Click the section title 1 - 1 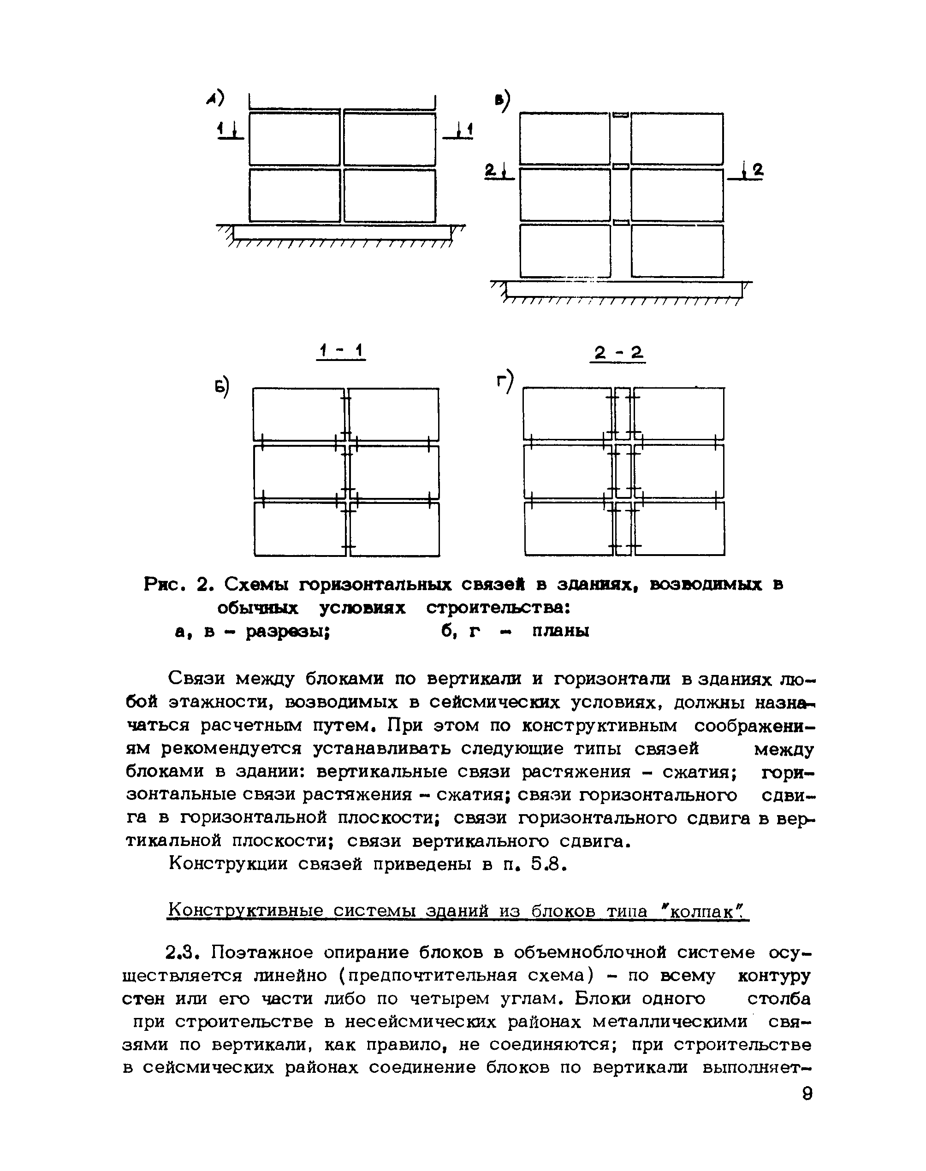[x=341, y=352]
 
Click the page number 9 [x=807, y=1094]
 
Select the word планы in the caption [x=560, y=632]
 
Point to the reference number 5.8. [x=549, y=865]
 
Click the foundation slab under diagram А [x=342, y=232]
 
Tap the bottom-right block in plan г [x=679, y=529]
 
